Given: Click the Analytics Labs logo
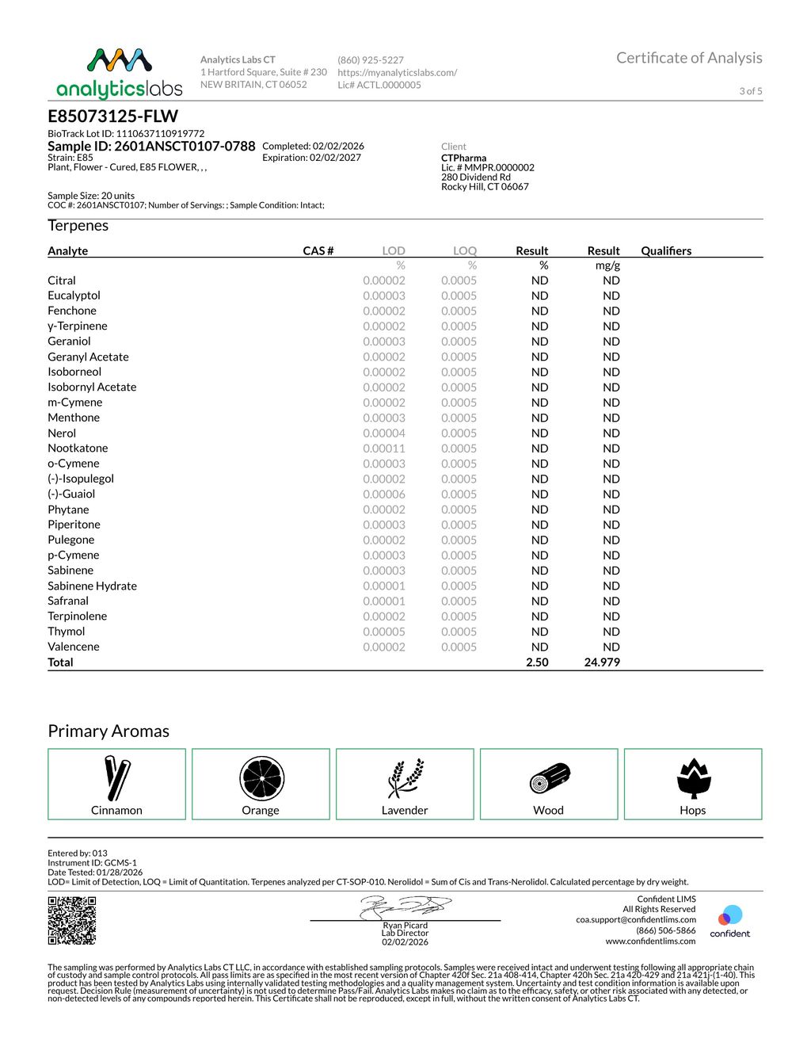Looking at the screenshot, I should (x=120, y=73).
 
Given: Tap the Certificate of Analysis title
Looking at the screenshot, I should (x=689, y=58).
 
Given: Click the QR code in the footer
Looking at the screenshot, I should (x=72, y=920).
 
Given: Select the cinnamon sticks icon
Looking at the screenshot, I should (x=116, y=778).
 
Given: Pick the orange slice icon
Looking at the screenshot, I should (x=261, y=778).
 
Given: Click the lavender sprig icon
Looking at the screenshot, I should (x=405, y=778).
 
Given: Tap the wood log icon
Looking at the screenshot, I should (x=550, y=778).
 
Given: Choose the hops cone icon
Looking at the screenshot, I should (x=694, y=778).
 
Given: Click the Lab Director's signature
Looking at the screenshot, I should (x=405, y=907).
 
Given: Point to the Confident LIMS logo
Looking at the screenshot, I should (x=729, y=921).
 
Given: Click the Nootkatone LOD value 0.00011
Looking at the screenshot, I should (x=384, y=449).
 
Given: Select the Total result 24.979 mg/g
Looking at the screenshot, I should (x=602, y=662).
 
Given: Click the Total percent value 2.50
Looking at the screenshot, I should (x=537, y=662).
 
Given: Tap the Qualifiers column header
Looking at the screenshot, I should (x=666, y=251).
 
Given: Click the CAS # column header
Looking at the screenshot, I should (x=318, y=251).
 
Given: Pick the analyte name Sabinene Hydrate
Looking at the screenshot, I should (x=92, y=586).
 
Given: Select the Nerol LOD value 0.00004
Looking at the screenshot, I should (x=384, y=433).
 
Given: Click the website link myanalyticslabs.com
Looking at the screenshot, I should (x=397, y=72).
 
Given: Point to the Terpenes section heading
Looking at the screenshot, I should (x=78, y=226).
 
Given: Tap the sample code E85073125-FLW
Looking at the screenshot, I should (x=113, y=116).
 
